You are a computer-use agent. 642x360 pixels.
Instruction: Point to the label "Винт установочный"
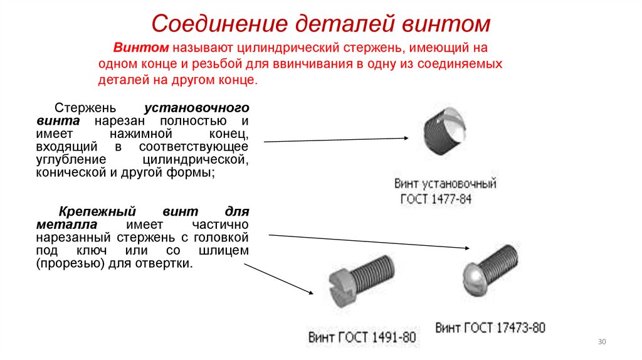point(445,184)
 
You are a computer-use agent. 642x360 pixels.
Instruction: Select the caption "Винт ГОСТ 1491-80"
point(362,337)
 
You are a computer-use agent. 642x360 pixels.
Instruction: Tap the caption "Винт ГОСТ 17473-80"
point(490,328)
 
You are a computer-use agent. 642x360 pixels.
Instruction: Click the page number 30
point(602,341)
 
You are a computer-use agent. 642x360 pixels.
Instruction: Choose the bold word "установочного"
point(197,107)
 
